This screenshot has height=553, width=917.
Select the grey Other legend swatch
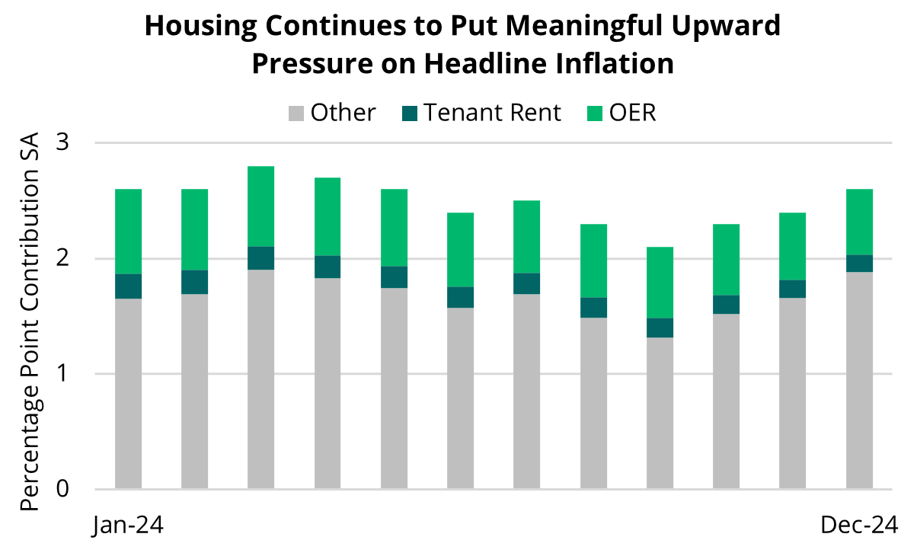[x=296, y=113]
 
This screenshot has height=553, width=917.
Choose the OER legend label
[x=631, y=113]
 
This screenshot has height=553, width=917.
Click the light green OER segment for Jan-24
[x=128, y=232]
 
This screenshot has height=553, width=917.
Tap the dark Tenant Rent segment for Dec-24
[x=860, y=264]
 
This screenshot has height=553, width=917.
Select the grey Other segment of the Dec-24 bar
[x=860, y=380]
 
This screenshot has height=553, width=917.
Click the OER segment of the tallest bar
[x=261, y=206]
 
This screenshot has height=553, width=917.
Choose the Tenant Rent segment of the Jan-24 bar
[x=128, y=286]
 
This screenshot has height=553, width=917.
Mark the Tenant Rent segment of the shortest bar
[x=660, y=328]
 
